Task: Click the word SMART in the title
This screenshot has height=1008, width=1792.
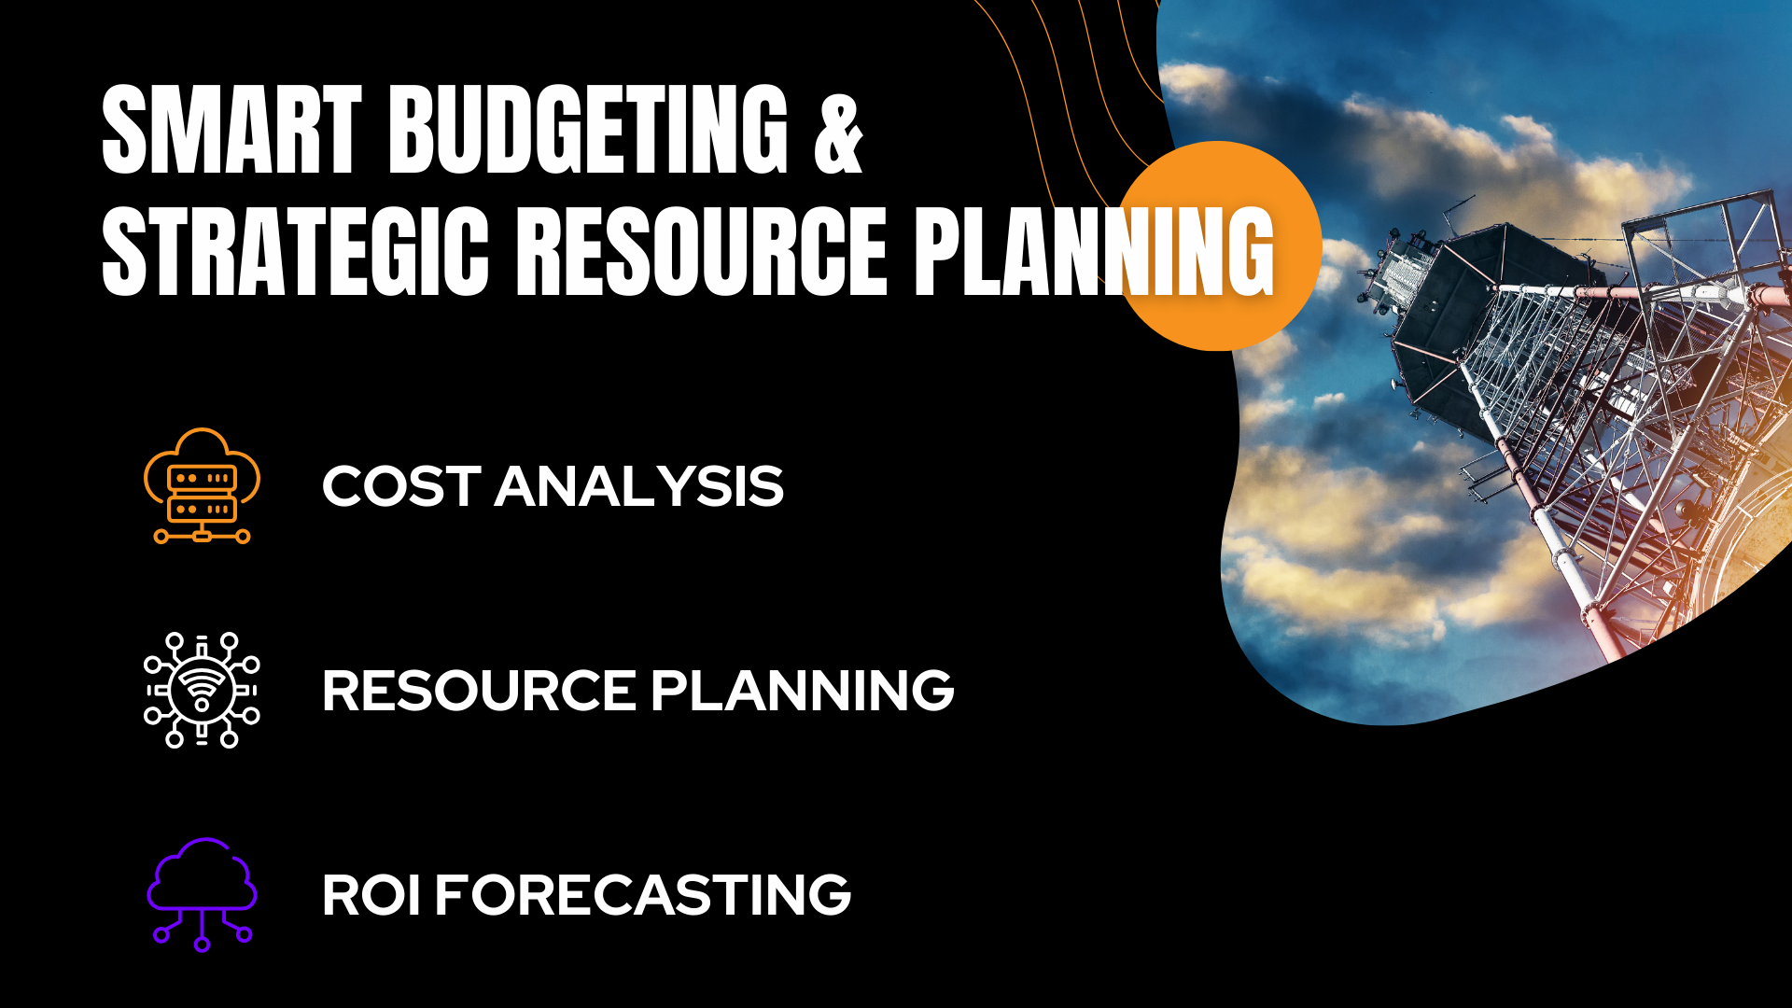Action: pyautogui.click(x=231, y=130)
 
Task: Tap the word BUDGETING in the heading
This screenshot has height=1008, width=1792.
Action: pyautogui.click(x=589, y=130)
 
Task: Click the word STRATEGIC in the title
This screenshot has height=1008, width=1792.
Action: pyautogui.click(x=295, y=251)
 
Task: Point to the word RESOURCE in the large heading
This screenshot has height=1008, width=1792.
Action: pyautogui.click(x=701, y=251)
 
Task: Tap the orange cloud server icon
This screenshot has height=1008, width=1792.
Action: pyautogui.click(x=202, y=485)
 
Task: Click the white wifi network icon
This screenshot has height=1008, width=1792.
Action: pyautogui.click(x=202, y=690)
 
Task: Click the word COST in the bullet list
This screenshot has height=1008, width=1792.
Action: pyautogui.click(x=401, y=487)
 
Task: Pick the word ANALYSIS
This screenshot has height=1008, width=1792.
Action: pyautogui.click(x=639, y=487)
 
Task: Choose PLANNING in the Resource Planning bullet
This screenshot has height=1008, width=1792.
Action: pyautogui.click(x=803, y=691)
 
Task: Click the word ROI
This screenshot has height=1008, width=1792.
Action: pyautogui.click(x=371, y=895)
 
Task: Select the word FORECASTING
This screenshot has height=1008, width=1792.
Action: pyautogui.click(x=643, y=895)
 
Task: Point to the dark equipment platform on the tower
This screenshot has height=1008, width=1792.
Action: pyautogui.click(x=1456, y=317)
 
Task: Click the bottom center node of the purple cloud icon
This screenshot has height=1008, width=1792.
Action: pyautogui.click(x=202, y=944)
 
